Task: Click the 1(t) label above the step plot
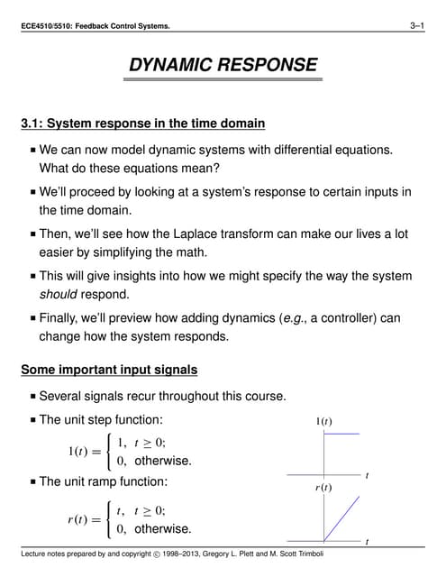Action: [323, 421]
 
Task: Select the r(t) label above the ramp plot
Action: [324, 487]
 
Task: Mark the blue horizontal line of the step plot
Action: [341, 435]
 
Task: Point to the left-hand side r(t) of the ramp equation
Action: [82, 519]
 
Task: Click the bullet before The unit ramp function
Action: [33, 482]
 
